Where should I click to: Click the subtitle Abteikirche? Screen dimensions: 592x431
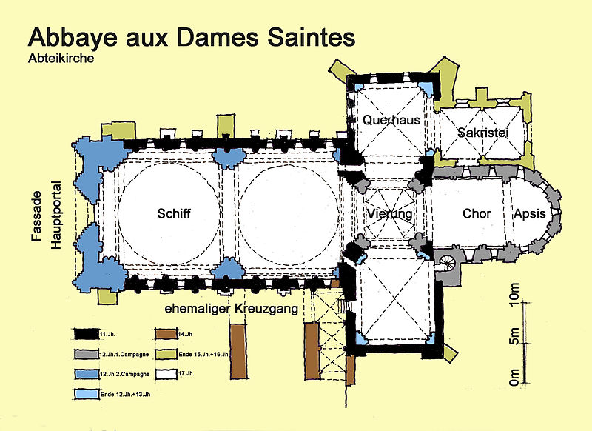tap(61, 59)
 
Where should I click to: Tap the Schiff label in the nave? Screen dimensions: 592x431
tap(174, 213)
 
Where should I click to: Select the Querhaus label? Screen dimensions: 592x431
tap(391, 120)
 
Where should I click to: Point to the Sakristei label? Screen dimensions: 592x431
tap(483, 133)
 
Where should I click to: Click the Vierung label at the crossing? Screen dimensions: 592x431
tap(390, 214)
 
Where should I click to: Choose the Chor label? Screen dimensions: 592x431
tap(477, 214)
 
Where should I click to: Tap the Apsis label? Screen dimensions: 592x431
tap(529, 214)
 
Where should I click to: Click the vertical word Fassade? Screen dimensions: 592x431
tap(36, 216)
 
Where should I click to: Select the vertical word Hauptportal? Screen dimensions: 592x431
tap(56, 215)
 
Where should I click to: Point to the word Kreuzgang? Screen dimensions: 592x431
tap(266, 309)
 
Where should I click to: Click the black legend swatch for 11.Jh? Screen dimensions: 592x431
tap(87, 334)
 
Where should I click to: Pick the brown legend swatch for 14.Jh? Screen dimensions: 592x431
tap(166, 334)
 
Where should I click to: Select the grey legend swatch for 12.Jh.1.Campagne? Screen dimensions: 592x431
tap(87, 354)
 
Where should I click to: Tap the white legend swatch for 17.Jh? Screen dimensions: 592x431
tap(166, 374)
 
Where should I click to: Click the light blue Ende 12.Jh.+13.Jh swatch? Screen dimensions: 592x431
tap(87, 394)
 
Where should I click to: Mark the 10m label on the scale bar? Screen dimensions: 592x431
tap(514, 294)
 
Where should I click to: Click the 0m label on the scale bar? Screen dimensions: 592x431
tap(514, 378)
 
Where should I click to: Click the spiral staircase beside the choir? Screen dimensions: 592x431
tap(448, 261)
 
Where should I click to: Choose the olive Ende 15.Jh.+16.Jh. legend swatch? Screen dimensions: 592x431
tap(166, 354)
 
